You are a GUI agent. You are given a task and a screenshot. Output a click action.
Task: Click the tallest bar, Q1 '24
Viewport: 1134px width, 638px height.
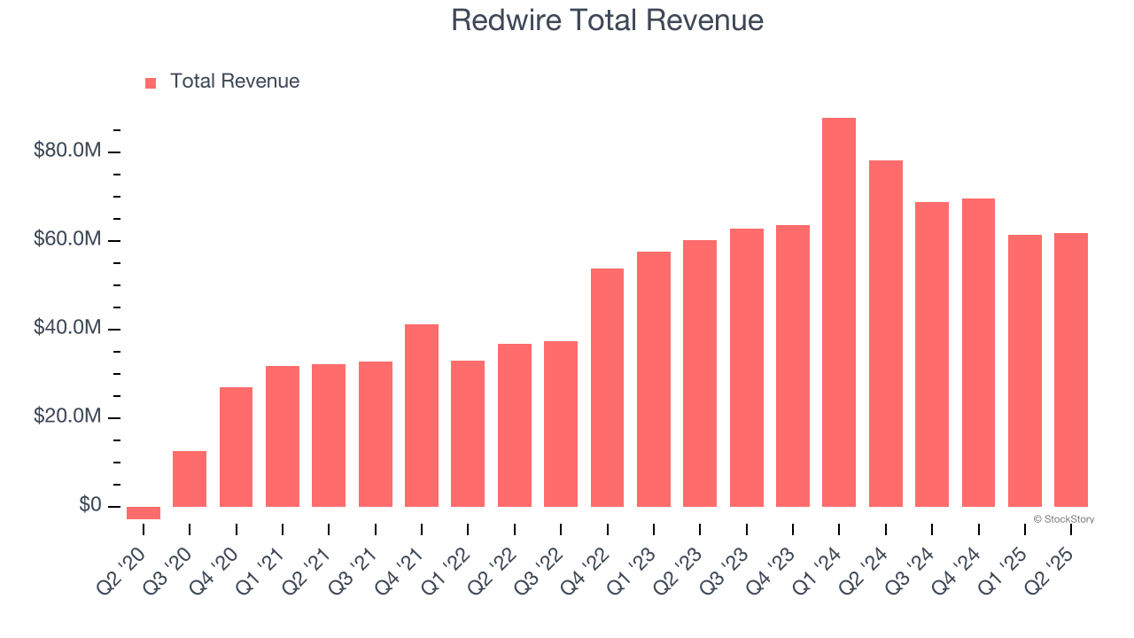click(838, 312)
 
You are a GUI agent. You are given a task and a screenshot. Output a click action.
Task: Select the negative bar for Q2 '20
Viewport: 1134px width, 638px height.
click(144, 513)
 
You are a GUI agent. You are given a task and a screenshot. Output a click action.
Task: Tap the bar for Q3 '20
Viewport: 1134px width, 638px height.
click(190, 478)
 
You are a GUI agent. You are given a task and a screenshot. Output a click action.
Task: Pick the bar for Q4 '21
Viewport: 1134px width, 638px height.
click(422, 416)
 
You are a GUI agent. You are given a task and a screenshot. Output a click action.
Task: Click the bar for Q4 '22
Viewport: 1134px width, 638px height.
click(607, 387)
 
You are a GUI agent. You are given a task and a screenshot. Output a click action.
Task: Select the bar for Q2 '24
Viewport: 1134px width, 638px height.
click(885, 333)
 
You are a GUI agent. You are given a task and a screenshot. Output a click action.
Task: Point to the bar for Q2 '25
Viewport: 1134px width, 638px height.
click(1070, 370)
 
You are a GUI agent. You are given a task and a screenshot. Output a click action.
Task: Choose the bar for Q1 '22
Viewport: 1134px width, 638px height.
click(468, 433)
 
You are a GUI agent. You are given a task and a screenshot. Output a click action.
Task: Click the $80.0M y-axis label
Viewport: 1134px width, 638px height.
click(67, 151)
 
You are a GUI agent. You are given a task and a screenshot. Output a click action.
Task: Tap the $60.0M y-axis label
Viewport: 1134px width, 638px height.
click(67, 239)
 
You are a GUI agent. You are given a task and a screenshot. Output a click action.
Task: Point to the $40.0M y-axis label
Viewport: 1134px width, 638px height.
click(67, 328)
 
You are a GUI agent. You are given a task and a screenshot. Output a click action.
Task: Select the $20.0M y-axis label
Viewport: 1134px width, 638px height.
click(67, 416)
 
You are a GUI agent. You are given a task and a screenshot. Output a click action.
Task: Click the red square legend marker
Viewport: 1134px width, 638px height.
click(151, 82)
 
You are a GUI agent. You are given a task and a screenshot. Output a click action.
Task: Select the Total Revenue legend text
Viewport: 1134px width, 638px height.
click(235, 82)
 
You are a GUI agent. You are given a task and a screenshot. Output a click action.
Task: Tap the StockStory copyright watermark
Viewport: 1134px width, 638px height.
click(1064, 519)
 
